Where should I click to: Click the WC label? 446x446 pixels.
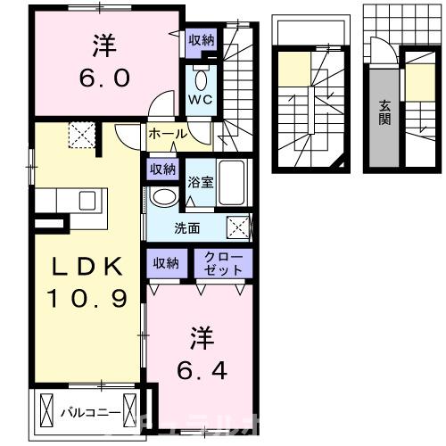coord(199,100)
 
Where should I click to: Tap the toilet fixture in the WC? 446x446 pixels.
coord(199,74)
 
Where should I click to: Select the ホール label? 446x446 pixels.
coord(167,135)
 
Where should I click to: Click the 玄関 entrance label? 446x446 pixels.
coord(384,111)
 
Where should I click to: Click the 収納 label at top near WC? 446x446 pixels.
coord(201,39)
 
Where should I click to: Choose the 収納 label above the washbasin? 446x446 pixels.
coord(163,169)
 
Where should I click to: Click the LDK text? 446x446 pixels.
coord(76,265)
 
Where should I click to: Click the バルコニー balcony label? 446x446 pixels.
coord(86,412)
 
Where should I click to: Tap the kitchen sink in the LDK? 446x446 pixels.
coord(87,199)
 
